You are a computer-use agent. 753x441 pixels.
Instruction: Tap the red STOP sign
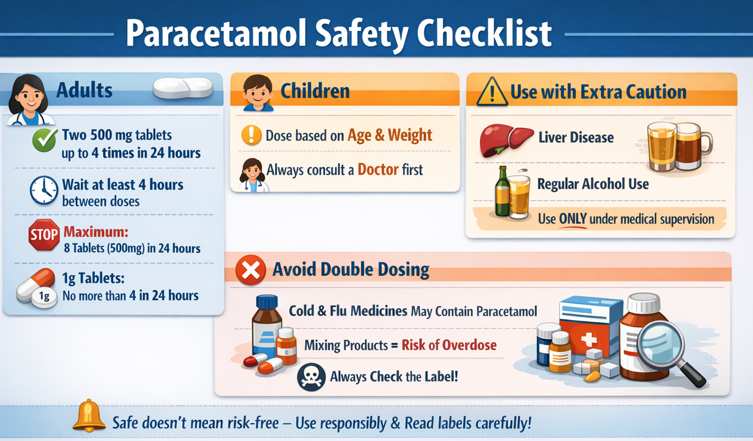44,234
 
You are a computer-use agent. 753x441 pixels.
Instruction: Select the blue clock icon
44,190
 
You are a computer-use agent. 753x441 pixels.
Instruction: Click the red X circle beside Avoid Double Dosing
250,270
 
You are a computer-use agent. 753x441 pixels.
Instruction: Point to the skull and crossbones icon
311,377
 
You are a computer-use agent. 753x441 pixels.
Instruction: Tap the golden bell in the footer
89,416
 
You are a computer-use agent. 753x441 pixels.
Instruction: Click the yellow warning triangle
492,92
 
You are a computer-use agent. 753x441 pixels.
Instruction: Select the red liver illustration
505,139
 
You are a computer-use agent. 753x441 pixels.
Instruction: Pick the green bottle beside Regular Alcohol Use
503,193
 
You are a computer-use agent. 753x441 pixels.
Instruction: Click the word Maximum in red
96,232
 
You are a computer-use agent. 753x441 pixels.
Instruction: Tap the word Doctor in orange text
378,169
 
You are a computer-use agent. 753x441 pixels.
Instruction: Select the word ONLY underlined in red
572,219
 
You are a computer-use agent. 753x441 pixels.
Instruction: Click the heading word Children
315,91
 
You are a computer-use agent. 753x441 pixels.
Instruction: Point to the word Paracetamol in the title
216,33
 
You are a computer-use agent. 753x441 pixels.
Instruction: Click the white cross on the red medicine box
588,339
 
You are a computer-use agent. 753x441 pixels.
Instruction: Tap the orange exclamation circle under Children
251,135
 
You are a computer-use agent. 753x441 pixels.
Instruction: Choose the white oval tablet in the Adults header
183,88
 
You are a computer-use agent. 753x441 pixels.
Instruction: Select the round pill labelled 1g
44,296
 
